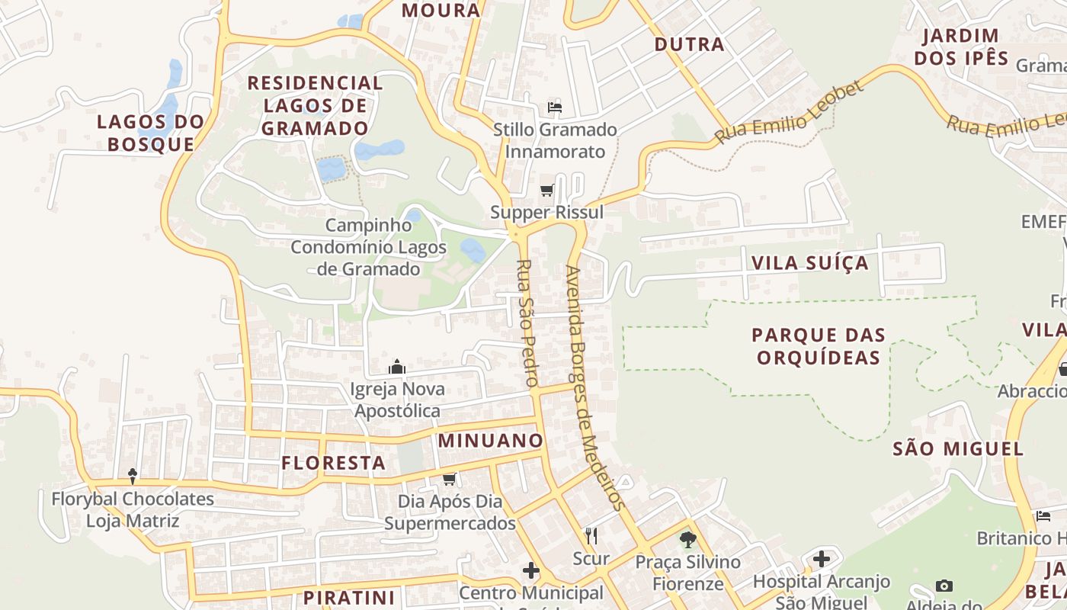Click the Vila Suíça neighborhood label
[x=809, y=263]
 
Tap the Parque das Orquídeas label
[x=819, y=345]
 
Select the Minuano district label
[x=490, y=440]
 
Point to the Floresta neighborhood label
[x=333, y=462]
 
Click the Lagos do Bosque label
[x=151, y=133]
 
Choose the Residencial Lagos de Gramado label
[x=315, y=105]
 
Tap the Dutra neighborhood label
[x=689, y=44]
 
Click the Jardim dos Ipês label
[x=960, y=47]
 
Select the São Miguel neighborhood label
[x=957, y=448]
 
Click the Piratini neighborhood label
[x=349, y=597]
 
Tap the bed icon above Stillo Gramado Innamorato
[x=555, y=108]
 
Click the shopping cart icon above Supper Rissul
[x=546, y=190]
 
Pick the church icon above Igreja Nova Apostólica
[x=396, y=367]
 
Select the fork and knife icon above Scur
[x=591, y=536]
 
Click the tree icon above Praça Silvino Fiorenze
[x=688, y=540]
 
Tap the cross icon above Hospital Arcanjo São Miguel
[x=821, y=559]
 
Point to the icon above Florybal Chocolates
[x=133, y=476]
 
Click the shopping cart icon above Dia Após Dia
[x=450, y=479]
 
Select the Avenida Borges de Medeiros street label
[x=595, y=387]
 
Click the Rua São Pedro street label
[x=527, y=323]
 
